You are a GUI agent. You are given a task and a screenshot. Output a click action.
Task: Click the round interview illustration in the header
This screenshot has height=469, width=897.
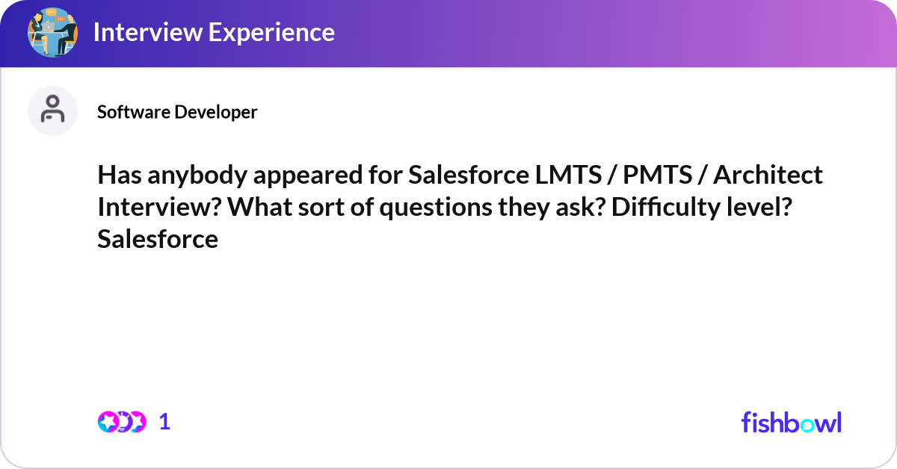point(52,32)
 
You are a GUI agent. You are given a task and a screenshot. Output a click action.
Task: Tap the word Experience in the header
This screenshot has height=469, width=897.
point(271,32)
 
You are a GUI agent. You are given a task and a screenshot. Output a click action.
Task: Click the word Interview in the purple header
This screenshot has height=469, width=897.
point(148,32)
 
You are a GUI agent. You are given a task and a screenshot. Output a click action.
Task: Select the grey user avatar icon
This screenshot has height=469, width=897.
point(52,111)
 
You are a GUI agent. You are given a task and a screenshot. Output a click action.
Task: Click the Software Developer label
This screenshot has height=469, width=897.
point(177,112)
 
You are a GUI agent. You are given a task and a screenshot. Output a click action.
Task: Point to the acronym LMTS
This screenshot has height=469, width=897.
point(568,175)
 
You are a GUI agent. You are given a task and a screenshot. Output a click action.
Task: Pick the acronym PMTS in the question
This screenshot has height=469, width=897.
point(658,175)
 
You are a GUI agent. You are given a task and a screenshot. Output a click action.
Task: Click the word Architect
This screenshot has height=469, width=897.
point(768,175)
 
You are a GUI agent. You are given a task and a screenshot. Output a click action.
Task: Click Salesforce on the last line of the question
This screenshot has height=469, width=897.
point(158,239)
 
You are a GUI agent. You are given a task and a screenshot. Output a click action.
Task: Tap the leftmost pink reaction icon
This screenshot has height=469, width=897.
point(108,422)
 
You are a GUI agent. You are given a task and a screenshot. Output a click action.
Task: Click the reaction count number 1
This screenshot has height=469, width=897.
point(164,422)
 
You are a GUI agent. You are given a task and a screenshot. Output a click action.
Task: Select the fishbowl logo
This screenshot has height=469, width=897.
point(792,422)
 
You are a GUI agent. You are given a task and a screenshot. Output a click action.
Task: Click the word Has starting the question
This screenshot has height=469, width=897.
point(120,175)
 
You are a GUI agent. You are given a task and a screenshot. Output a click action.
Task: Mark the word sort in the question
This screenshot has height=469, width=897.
point(321,208)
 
